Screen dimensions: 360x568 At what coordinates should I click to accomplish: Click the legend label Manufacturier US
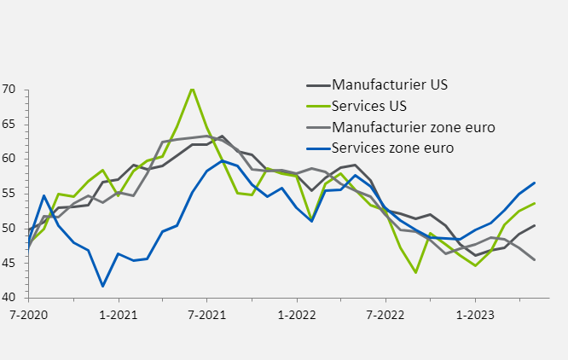coord(390,85)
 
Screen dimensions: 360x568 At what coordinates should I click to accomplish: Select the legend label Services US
coord(369,107)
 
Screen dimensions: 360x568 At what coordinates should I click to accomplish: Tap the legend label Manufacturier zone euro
coord(414,127)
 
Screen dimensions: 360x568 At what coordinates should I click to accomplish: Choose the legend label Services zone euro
coord(392,148)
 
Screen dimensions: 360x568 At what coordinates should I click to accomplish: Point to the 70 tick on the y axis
coord(9,90)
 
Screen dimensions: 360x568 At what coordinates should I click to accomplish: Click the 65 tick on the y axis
coord(9,125)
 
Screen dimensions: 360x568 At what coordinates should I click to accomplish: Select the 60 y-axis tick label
coord(9,159)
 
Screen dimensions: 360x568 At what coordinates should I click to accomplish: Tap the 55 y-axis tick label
coord(9,194)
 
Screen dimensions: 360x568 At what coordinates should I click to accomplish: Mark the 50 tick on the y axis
coord(9,229)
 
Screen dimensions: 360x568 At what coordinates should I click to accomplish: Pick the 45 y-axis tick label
coord(9,263)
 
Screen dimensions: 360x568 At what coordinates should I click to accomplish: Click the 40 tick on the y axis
coord(9,298)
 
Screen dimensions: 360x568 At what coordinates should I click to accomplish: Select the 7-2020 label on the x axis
coord(28,314)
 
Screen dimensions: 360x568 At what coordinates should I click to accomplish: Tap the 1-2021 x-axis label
coord(118,314)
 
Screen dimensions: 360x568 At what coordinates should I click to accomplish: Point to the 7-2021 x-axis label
coord(206,314)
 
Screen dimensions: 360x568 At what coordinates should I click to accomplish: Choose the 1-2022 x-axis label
coord(296,314)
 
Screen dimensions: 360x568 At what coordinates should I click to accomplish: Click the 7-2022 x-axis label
coord(385,314)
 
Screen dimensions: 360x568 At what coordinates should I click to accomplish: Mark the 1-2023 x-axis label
coord(475,314)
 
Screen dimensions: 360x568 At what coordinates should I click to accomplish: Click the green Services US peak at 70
coord(192,88)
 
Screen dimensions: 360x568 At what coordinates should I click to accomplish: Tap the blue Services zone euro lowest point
coord(102,286)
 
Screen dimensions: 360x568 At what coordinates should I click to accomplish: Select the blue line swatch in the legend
coord(317,148)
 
